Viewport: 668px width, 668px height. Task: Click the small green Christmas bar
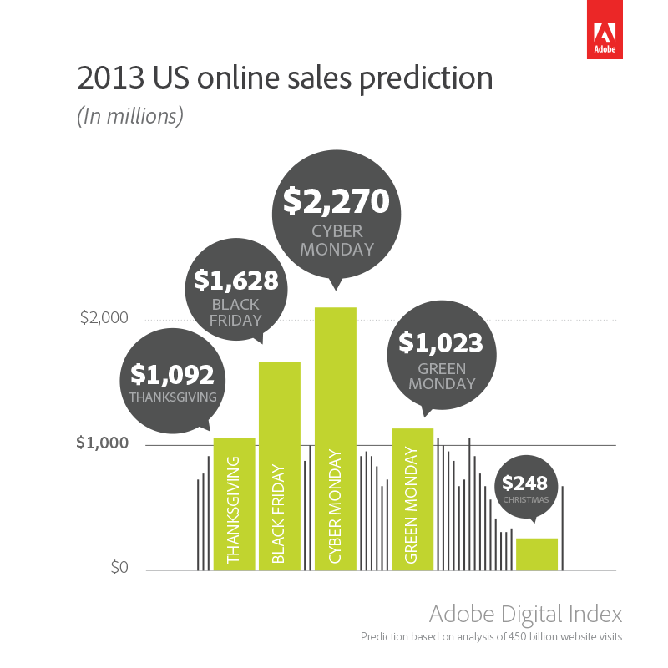click(x=536, y=554)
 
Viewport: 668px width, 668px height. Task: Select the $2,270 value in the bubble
click(x=336, y=201)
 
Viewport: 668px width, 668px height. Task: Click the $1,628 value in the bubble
click(x=235, y=280)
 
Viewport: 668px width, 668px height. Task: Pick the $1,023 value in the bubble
click(x=441, y=343)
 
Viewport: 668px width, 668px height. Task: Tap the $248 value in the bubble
click(x=524, y=483)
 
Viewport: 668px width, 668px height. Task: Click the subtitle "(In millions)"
click(x=130, y=116)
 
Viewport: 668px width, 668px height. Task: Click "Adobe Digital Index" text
click(x=525, y=615)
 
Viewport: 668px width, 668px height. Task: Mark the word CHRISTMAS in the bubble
click(x=525, y=500)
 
